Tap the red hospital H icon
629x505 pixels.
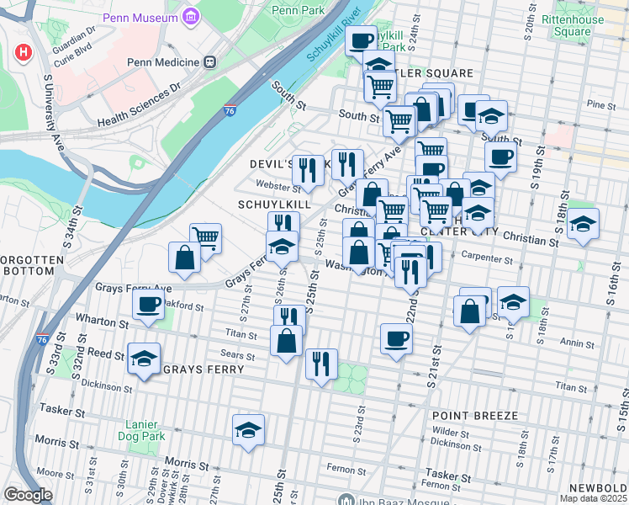24,53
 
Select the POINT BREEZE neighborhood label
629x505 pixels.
468,416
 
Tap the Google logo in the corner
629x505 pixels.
28,495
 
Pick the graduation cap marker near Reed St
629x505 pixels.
144,358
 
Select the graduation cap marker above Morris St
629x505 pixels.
248,429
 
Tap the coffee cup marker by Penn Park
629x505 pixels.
361,40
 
